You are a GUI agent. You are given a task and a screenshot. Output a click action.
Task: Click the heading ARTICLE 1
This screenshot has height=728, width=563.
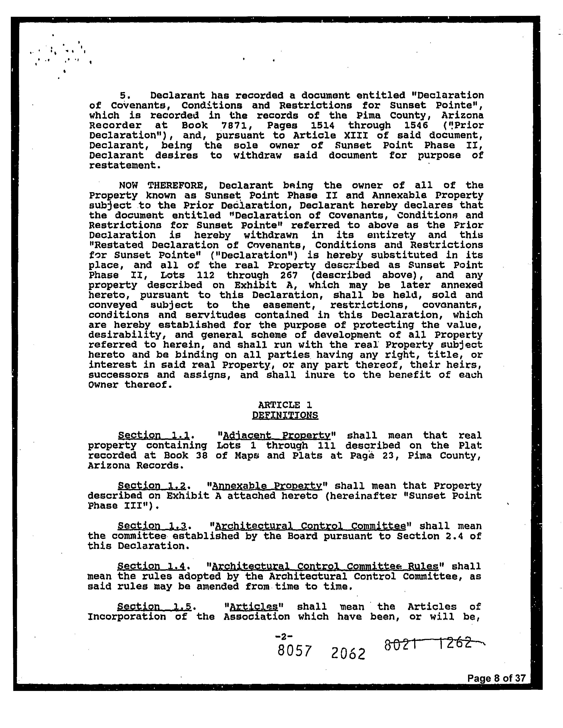click(x=285, y=405)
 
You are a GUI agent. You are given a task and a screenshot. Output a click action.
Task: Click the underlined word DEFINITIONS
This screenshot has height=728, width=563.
click(x=285, y=415)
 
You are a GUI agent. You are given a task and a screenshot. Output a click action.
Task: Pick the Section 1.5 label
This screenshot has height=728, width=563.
click(x=154, y=607)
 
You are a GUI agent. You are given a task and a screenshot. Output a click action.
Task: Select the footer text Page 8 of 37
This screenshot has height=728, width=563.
click(x=496, y=678)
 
